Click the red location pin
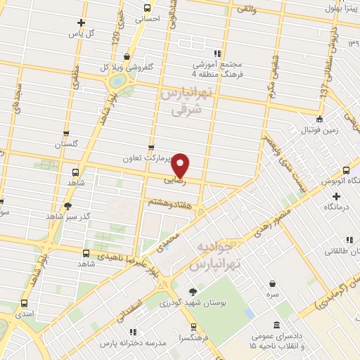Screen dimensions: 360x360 pos(181,165)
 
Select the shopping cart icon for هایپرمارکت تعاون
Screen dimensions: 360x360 pos(150,148)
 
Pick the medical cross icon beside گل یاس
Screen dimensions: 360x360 pos(82,22)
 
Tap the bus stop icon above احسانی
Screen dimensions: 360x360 pos(147,8)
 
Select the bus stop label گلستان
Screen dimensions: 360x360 pos(65,143)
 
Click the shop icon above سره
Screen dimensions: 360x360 pos(272,283)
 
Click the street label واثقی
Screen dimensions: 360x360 pos(247,8)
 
